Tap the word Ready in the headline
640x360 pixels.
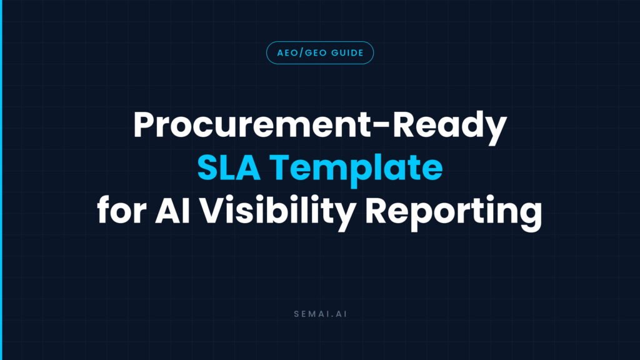[x=449, y=127]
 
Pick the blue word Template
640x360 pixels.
[x=356, y=170]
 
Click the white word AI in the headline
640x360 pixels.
[x=172, y=209]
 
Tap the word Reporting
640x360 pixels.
[x=453, y=212]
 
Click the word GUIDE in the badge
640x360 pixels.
[x=347, y=53]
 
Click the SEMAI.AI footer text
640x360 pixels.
[x=321, y=314]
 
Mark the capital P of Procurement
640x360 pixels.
[x=144, y=124]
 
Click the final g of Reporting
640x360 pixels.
[x=531, y=216]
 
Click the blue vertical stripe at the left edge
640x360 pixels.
[x=1, y=180]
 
